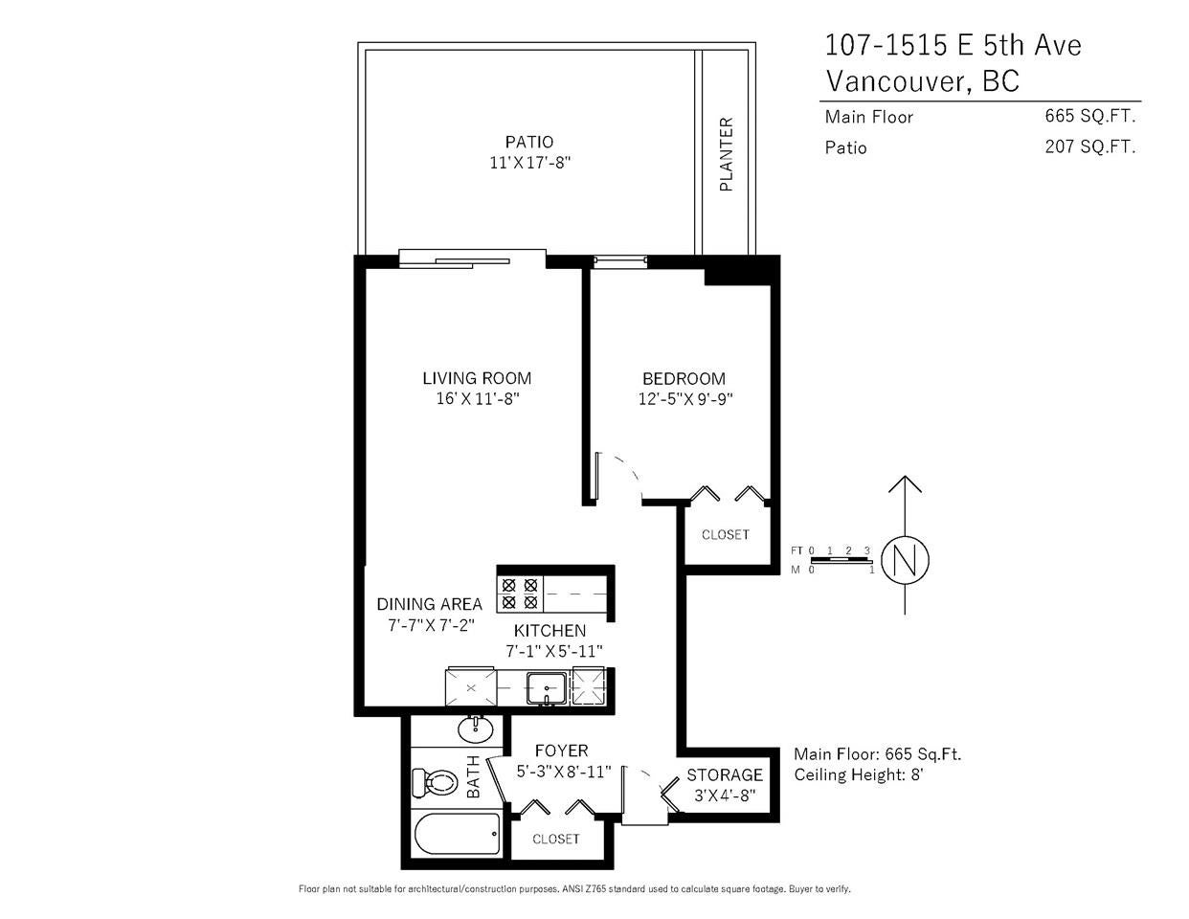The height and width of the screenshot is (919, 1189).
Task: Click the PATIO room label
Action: pos(528,143)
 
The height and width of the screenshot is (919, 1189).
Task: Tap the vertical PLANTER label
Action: pos(726,154)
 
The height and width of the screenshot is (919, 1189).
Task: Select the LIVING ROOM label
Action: pos(477,378)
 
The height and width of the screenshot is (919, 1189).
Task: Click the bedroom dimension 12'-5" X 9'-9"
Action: pos(685,399)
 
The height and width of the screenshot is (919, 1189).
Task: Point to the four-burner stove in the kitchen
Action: pos(520,594)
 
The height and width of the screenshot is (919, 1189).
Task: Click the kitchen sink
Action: pos(546,688)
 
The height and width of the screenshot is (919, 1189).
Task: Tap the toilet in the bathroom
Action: pos(435,783)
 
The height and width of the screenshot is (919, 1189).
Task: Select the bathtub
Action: pos(458,834)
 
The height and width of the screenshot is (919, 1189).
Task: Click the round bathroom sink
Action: pos(476,729)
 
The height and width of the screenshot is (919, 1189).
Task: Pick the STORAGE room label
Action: pos(725,775)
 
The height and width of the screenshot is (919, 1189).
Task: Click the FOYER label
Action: pos(561,751)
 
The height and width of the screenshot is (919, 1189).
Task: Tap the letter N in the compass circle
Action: pos(905,561)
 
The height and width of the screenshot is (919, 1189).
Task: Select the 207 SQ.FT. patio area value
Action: pos(1090,147)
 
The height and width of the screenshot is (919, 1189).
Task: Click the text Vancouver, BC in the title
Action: pos(923,81)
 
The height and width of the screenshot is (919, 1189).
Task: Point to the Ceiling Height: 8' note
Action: pos(859,774)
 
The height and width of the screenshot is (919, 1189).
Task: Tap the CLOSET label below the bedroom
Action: pos(726,534)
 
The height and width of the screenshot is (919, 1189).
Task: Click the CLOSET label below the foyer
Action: pos(556,840)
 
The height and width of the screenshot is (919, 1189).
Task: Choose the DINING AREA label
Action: pos(430,604)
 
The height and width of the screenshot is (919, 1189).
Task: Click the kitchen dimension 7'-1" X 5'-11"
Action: pos(553,652)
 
